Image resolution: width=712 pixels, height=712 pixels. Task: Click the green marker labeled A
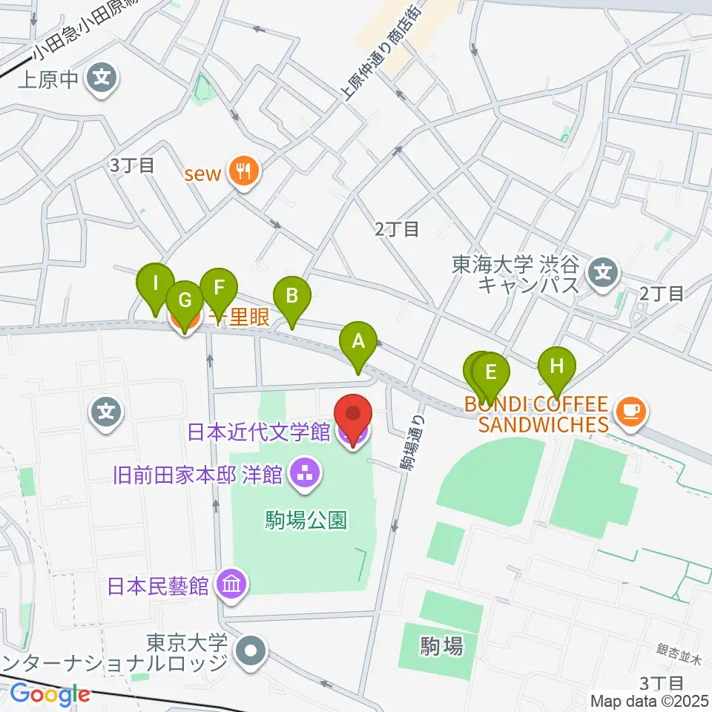358,343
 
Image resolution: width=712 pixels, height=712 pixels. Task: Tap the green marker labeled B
292,297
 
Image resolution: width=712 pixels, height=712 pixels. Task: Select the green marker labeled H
557,366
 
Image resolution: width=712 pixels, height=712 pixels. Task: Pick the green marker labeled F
218,287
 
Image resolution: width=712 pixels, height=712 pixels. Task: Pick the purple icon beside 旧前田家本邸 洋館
304,472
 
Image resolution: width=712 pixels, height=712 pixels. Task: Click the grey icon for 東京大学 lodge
250,651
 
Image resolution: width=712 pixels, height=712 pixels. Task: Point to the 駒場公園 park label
306,520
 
